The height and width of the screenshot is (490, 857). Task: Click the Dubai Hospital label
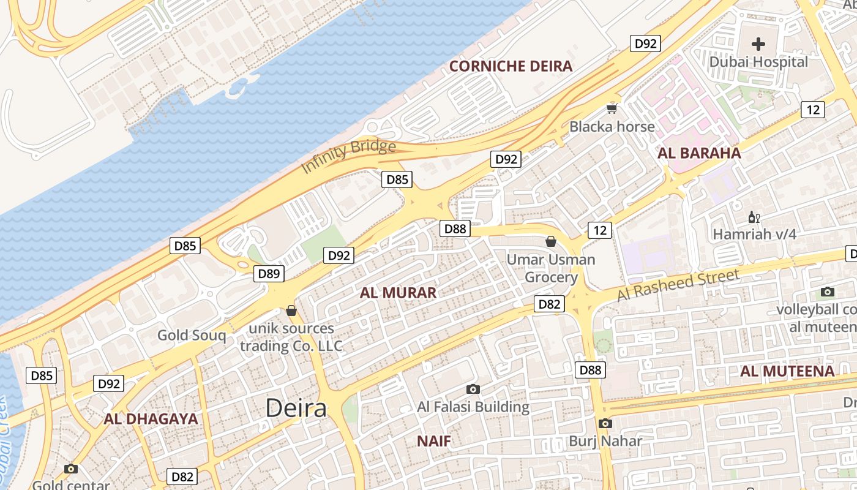coord(758,62)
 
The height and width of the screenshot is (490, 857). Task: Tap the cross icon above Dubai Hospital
coord(758,44)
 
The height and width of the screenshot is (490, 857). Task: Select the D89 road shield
coord(269,274)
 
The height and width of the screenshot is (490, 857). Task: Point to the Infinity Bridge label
coord(348,156)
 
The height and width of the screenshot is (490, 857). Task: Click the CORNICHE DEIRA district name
coord(511,66)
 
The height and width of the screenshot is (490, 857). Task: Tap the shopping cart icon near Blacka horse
coord(612,109)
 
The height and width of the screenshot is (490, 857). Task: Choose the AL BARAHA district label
coord(699,153)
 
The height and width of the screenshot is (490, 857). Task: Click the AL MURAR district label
coord(398,293)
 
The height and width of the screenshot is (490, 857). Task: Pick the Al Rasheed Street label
coord(678,285)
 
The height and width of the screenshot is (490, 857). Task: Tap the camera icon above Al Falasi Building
coord(473,389)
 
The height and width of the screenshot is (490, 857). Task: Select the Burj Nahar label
coord(605,441)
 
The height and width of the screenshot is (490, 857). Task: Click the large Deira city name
coord(296,408)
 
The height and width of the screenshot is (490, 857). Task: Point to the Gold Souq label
coord(192,335)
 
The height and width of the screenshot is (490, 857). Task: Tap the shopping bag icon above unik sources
coord(291,311)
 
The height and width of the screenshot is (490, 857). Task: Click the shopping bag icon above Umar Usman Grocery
coord(551,241)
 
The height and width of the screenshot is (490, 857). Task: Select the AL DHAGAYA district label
coord(151,419)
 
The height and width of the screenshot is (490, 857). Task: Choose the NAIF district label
coord(434,441)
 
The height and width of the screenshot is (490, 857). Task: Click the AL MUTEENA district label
coord(787,371)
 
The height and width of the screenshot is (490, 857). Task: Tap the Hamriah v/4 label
coord(754,234)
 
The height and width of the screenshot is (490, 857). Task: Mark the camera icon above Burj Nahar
coord(605,423)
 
